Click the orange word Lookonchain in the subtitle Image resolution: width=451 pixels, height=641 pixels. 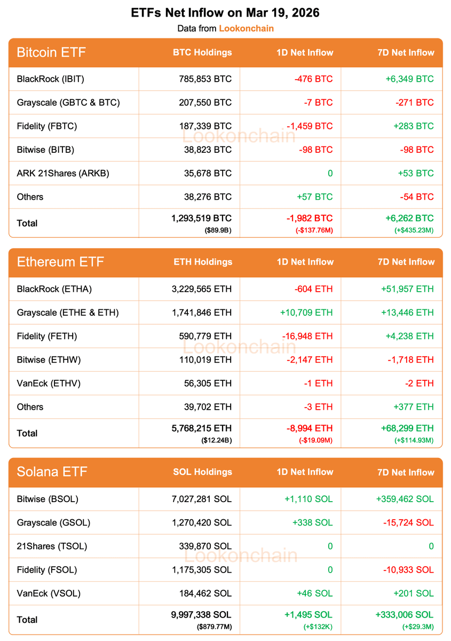pyautogui.click(x=246, y=28)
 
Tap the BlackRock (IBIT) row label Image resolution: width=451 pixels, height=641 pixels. pyautogui.click(x=51, y=79)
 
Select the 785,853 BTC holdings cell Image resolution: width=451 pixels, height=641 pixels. pyautogui.click(x=205, y=79)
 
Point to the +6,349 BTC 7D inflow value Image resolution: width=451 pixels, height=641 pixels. pyautogui.click(x=409, y=79)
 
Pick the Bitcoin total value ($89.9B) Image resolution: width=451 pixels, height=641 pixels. pyautogui.click(x=218, y=230)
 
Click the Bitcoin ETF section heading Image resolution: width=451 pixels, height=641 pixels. pyautogui.click(x=51, y=52)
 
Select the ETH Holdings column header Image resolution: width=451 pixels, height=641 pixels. pyautogui.click(x=203, y=262)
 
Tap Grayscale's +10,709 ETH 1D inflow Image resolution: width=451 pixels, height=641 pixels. pyautogui.click(x=306, y=312)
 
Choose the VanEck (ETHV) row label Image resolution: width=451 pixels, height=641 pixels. pyautogui.click(x=49, y=383)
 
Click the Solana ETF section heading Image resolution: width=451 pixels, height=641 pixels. pyautogui.click(x=52, y=472)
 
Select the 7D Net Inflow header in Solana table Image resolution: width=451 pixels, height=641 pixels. pyautogui.click(x=406, y=472)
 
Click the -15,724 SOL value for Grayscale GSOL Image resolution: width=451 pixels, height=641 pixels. pyautogui.click(x=408, y=522)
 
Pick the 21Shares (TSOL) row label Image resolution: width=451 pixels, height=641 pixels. pyautogui.click(x=52, y=546)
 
